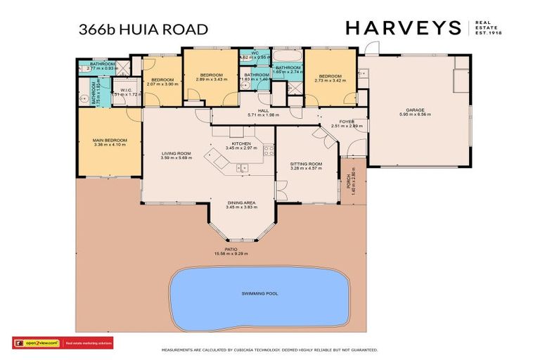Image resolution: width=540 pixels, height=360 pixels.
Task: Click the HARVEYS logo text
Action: click(x=402, y=28)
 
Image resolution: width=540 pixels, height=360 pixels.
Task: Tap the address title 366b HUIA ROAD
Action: click(x=143, y=29)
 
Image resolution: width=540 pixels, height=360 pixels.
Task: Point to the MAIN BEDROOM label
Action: click(x=110, y=141)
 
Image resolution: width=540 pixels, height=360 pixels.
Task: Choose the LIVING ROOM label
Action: click(x=175, y=153)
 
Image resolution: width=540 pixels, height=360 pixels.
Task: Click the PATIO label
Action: click(x=231, y=249)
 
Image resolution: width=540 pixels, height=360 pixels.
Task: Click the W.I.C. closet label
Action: click(x=127, y=90)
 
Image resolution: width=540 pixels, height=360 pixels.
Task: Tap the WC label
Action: click(x=255, y=53)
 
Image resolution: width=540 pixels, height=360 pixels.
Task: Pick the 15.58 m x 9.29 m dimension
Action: click(x=231, y=254)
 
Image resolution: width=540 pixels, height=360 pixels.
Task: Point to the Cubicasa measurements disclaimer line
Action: click(x=270, y=349)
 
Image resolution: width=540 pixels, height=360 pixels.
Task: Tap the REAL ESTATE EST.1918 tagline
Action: click(x=491, y=28)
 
